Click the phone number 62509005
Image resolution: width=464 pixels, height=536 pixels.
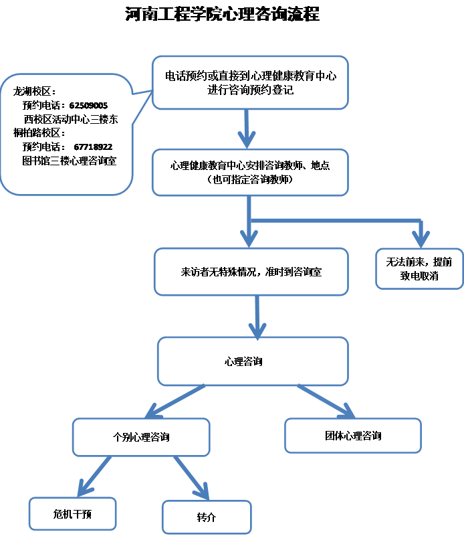click(x=88, y=106)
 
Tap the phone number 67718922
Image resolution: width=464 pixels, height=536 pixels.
click(x=93, y=147)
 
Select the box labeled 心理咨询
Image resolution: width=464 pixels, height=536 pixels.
click(x=252, y=361)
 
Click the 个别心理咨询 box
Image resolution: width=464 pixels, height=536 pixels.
click(x=140, y=437)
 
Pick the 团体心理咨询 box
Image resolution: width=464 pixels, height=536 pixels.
click(x=353, y=436)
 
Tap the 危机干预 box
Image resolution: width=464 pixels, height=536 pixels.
click(x=73, y=514)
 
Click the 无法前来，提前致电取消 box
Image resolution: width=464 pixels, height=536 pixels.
click(x=419, y=268)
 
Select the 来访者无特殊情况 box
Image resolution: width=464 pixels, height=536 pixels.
click(x=251, y=272)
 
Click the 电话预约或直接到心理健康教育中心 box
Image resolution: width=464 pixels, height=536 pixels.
click(x=250, y=83)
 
